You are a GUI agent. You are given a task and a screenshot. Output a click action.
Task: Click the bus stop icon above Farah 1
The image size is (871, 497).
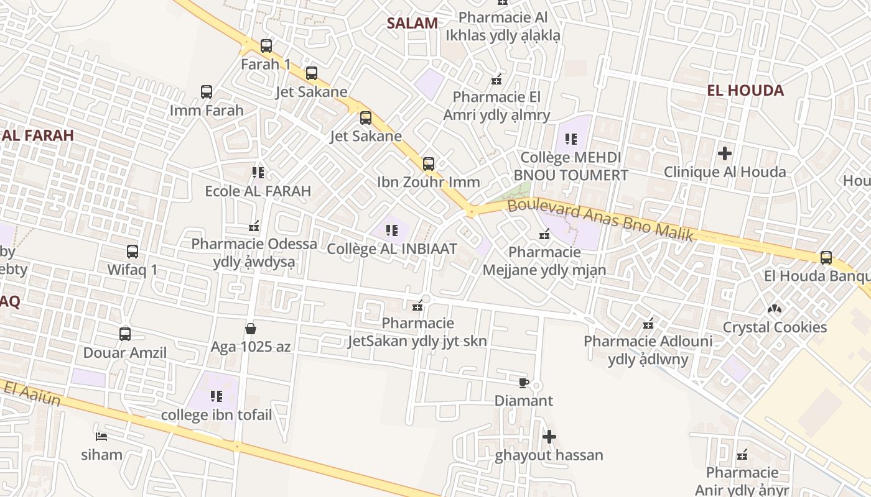(266, 45)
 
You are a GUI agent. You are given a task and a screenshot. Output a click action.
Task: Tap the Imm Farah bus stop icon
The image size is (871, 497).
(207, 92)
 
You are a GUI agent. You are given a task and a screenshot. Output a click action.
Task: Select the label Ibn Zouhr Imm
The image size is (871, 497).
(428, 182)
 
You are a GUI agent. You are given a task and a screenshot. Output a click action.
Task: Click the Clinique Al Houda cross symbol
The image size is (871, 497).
(725, 153)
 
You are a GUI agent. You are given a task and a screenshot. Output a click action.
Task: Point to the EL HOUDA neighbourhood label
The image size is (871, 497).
(745, 91)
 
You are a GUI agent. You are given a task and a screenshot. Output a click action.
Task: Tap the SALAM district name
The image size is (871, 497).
(412, 24)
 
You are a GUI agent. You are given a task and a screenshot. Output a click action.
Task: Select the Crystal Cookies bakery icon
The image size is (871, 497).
(775, 308)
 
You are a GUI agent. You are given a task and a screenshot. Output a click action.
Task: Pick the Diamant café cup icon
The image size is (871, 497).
(523, 382)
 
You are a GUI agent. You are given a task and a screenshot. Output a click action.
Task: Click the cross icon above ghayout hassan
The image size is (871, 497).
(549, 437)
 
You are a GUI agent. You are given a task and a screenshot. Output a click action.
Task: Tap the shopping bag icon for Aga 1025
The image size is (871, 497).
(251, 328)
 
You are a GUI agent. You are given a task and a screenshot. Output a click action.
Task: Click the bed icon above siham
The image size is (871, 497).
(101, 436)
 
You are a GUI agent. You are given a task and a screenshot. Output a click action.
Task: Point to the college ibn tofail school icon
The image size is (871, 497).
(217, 396)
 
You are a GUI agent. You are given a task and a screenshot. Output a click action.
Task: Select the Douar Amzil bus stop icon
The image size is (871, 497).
(125, 334)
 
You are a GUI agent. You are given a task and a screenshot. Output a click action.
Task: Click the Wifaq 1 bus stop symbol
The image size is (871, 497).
(133, 252)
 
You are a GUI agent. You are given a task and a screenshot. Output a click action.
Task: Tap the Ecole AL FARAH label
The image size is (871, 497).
(258, 191)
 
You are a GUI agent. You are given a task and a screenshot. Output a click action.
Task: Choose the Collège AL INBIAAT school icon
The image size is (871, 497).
(392, 230)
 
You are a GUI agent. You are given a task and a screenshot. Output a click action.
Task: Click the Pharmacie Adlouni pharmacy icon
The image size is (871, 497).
(648, 323)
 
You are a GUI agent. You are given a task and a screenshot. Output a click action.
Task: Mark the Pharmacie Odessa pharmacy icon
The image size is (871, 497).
(254, 226)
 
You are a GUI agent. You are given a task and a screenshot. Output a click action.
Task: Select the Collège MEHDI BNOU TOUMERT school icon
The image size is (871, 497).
(571, 139)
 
